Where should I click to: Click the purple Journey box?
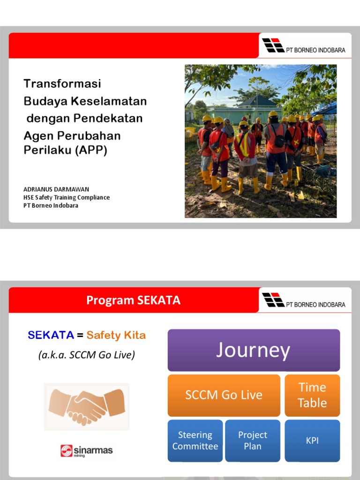(254, 350)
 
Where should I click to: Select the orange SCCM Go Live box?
(224, 395)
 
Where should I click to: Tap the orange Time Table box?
(312, 395)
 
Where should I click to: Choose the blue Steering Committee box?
(195, 441)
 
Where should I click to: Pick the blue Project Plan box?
(252, 441)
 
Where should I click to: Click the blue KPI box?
(312, 441)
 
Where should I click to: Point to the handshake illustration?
(86, 406)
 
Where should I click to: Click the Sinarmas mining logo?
(86, 451)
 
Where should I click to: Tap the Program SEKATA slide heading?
(133, 300)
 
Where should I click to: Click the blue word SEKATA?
(51, 335)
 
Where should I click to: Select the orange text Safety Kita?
(116, 335)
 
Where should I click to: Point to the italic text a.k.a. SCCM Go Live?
(86, 355)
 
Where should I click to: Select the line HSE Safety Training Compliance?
(67, 197)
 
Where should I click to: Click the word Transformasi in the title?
(62, 84)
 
